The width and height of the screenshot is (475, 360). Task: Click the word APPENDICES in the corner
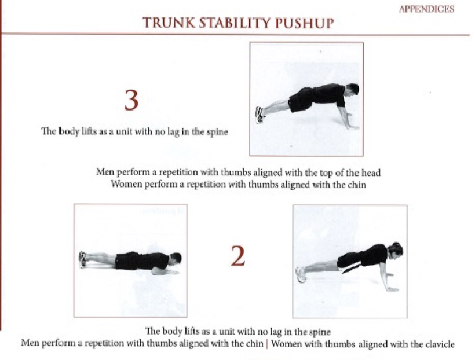pos(426,9)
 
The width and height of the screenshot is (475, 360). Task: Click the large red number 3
pos(131,100)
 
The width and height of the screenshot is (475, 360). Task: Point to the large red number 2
pos(237,256)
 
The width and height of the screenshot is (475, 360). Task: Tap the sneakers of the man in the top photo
pos(260,115)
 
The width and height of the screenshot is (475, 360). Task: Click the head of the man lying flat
pos(176,259)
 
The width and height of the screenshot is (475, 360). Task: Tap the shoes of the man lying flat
pos(82,259)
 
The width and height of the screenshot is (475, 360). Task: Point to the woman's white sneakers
pos(301,274)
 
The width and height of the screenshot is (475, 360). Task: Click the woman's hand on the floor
pos(392,289)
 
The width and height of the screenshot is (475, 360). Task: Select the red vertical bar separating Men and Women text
pos(266,344)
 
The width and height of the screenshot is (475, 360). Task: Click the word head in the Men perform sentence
pos(371,172)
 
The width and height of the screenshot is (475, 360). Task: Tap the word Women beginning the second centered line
pos(126,185)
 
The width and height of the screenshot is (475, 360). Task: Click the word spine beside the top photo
pos(217,133)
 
